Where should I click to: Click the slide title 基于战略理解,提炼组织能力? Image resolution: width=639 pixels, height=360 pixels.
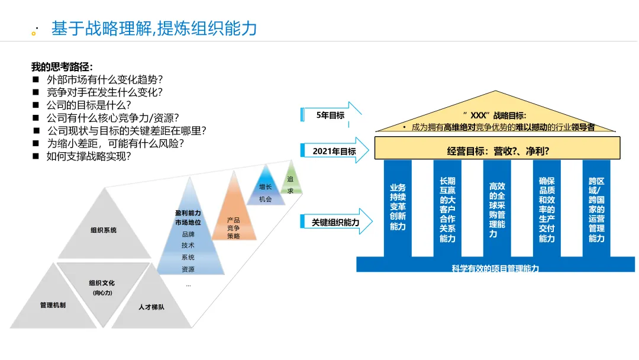(154, 28)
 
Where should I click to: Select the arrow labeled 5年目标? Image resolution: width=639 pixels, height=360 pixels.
(331, 115)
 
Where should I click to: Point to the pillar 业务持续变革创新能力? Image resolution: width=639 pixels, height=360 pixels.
(398, 207)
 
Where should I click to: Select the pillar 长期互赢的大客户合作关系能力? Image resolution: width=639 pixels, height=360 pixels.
(447, 210)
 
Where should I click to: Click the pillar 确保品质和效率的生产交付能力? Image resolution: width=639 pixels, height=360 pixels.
(547, 210)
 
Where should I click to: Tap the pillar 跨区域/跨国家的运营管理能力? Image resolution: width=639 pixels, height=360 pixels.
(596, 210)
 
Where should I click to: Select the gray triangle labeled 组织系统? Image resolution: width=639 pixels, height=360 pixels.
(104, 230)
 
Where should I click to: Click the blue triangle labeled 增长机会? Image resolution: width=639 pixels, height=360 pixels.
(266, 191)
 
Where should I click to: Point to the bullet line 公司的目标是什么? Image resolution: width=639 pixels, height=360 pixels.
(89, 105)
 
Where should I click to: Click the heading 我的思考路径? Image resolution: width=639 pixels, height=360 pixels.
(62, 67)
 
